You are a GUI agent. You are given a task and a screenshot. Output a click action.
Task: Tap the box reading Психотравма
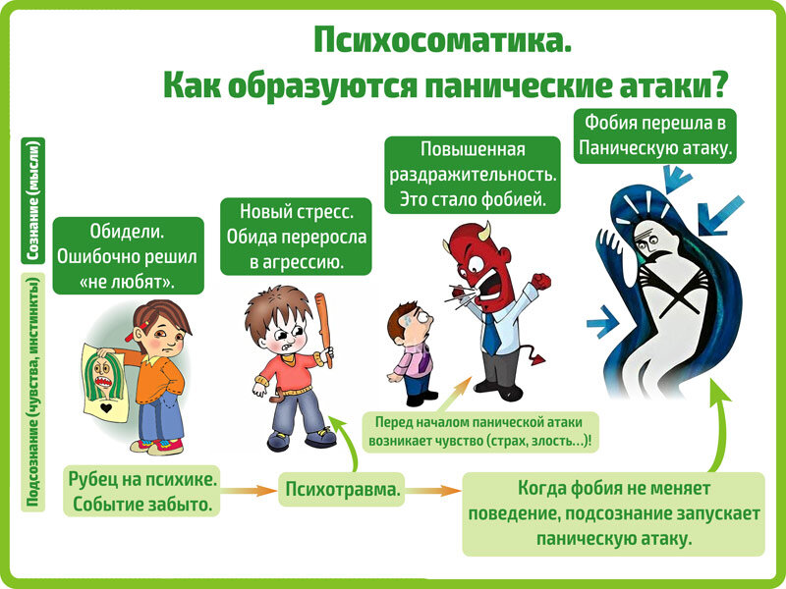click(345, 488)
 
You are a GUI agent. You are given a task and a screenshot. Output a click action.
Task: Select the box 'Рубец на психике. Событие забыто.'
click(141, 493)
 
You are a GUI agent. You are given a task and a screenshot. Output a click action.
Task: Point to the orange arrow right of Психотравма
click(433, 488)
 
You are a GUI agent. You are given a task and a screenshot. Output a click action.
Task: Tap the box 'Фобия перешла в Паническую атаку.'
click(656, 136)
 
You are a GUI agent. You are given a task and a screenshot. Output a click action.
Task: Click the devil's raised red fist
click(542, 282)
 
